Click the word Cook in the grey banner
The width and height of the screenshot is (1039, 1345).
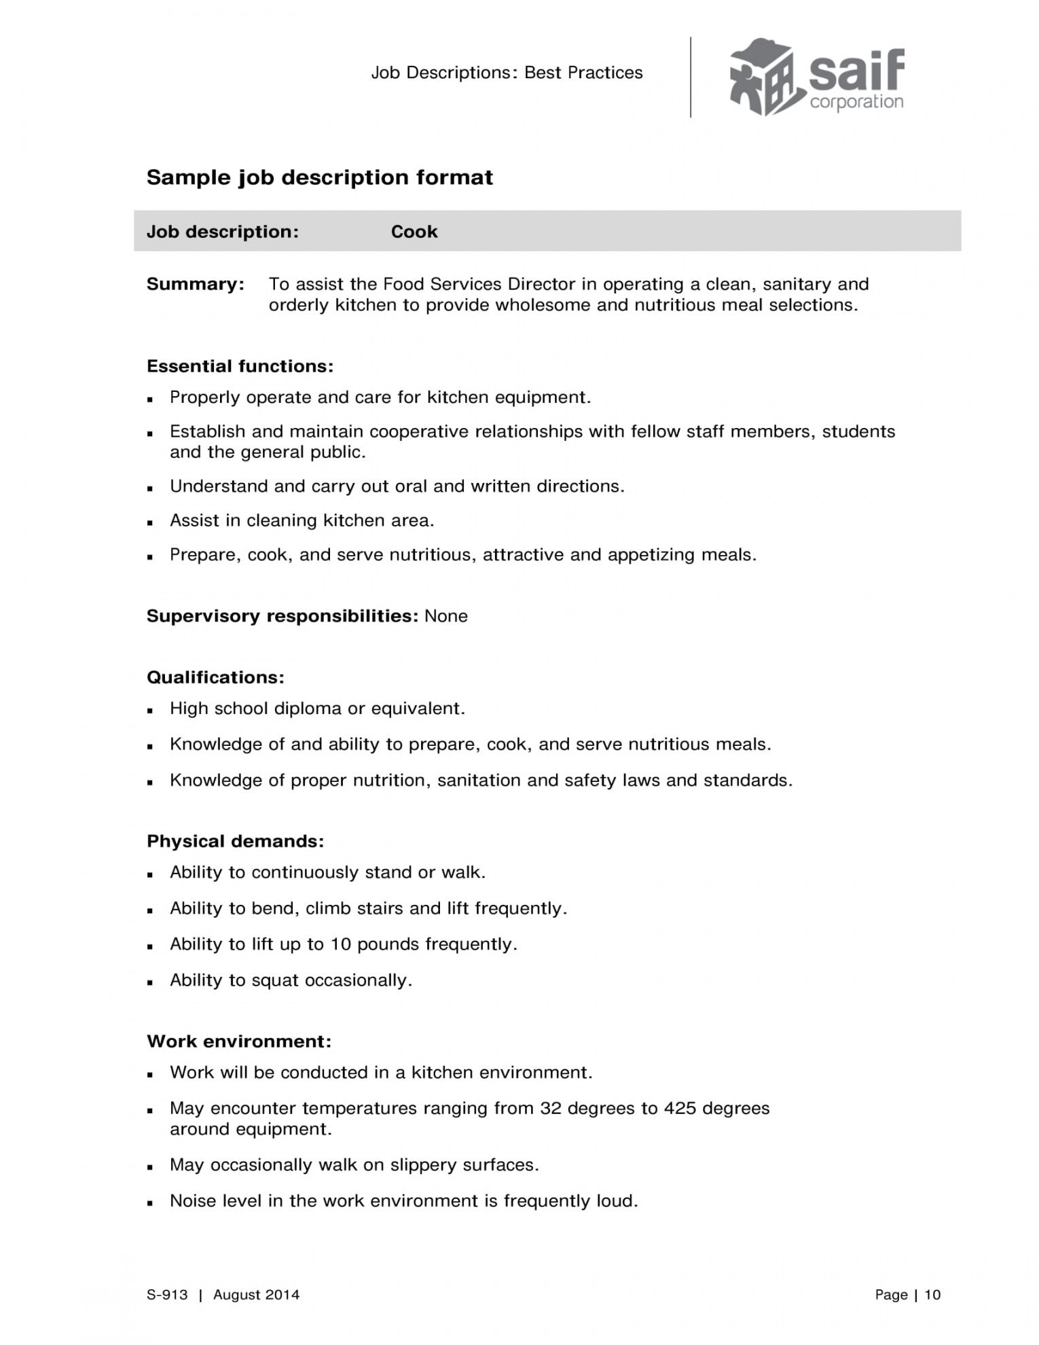pos(414,232)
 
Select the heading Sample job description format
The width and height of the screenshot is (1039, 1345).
pos(320,177)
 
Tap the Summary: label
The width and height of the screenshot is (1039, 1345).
pos(196,284)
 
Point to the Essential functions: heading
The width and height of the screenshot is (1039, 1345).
pos(240,366)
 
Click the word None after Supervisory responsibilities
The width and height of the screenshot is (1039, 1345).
pos(446,616)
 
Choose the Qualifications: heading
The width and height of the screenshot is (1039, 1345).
pos(215,677)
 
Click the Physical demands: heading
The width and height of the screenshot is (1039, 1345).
pos(236,841)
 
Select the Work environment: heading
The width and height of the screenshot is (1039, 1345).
pos(239,1041)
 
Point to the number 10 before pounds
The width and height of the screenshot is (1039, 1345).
pos(340,944)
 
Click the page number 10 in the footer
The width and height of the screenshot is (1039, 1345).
pos(932,1295)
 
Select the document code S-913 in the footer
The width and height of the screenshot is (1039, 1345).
pos(167,1295)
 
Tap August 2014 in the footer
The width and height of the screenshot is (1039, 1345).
pos(256,1295)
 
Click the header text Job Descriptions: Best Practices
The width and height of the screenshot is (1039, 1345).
pos(507,73)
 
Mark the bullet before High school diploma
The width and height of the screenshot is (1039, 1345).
pos(150,710)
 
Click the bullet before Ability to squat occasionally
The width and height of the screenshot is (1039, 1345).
pos(150,982)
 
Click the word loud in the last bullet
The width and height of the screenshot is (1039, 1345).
pos(616,1201)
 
